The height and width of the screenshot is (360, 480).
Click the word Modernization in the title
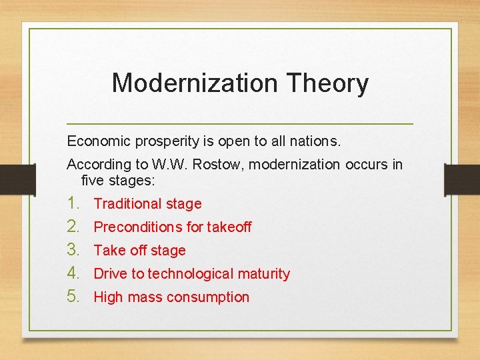click(194, 83)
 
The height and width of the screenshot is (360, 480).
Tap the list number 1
click(73, 203)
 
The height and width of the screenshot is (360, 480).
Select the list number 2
click(73, 227)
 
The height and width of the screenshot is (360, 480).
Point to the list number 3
click(73, 250)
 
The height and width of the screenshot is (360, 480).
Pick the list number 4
click(73, 273)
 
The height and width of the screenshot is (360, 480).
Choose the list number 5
click(73, 297)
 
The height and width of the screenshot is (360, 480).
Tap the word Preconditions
click(138, 227)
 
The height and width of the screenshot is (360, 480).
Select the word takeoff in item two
click(229, 227)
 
